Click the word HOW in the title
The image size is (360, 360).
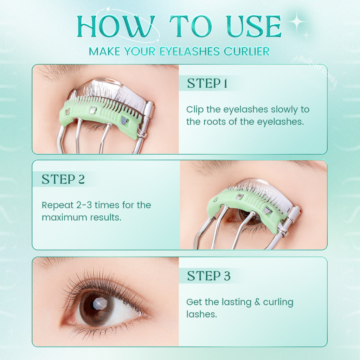click(x=116, y=26)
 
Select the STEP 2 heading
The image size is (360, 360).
click(x=63, y=179)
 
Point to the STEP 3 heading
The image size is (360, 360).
click(x=208, y=276)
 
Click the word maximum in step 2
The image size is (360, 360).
click(x=63, y=217)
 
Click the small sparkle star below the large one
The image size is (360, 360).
click(x=307, y=34)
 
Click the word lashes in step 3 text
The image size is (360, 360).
click(x=201, y=314)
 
